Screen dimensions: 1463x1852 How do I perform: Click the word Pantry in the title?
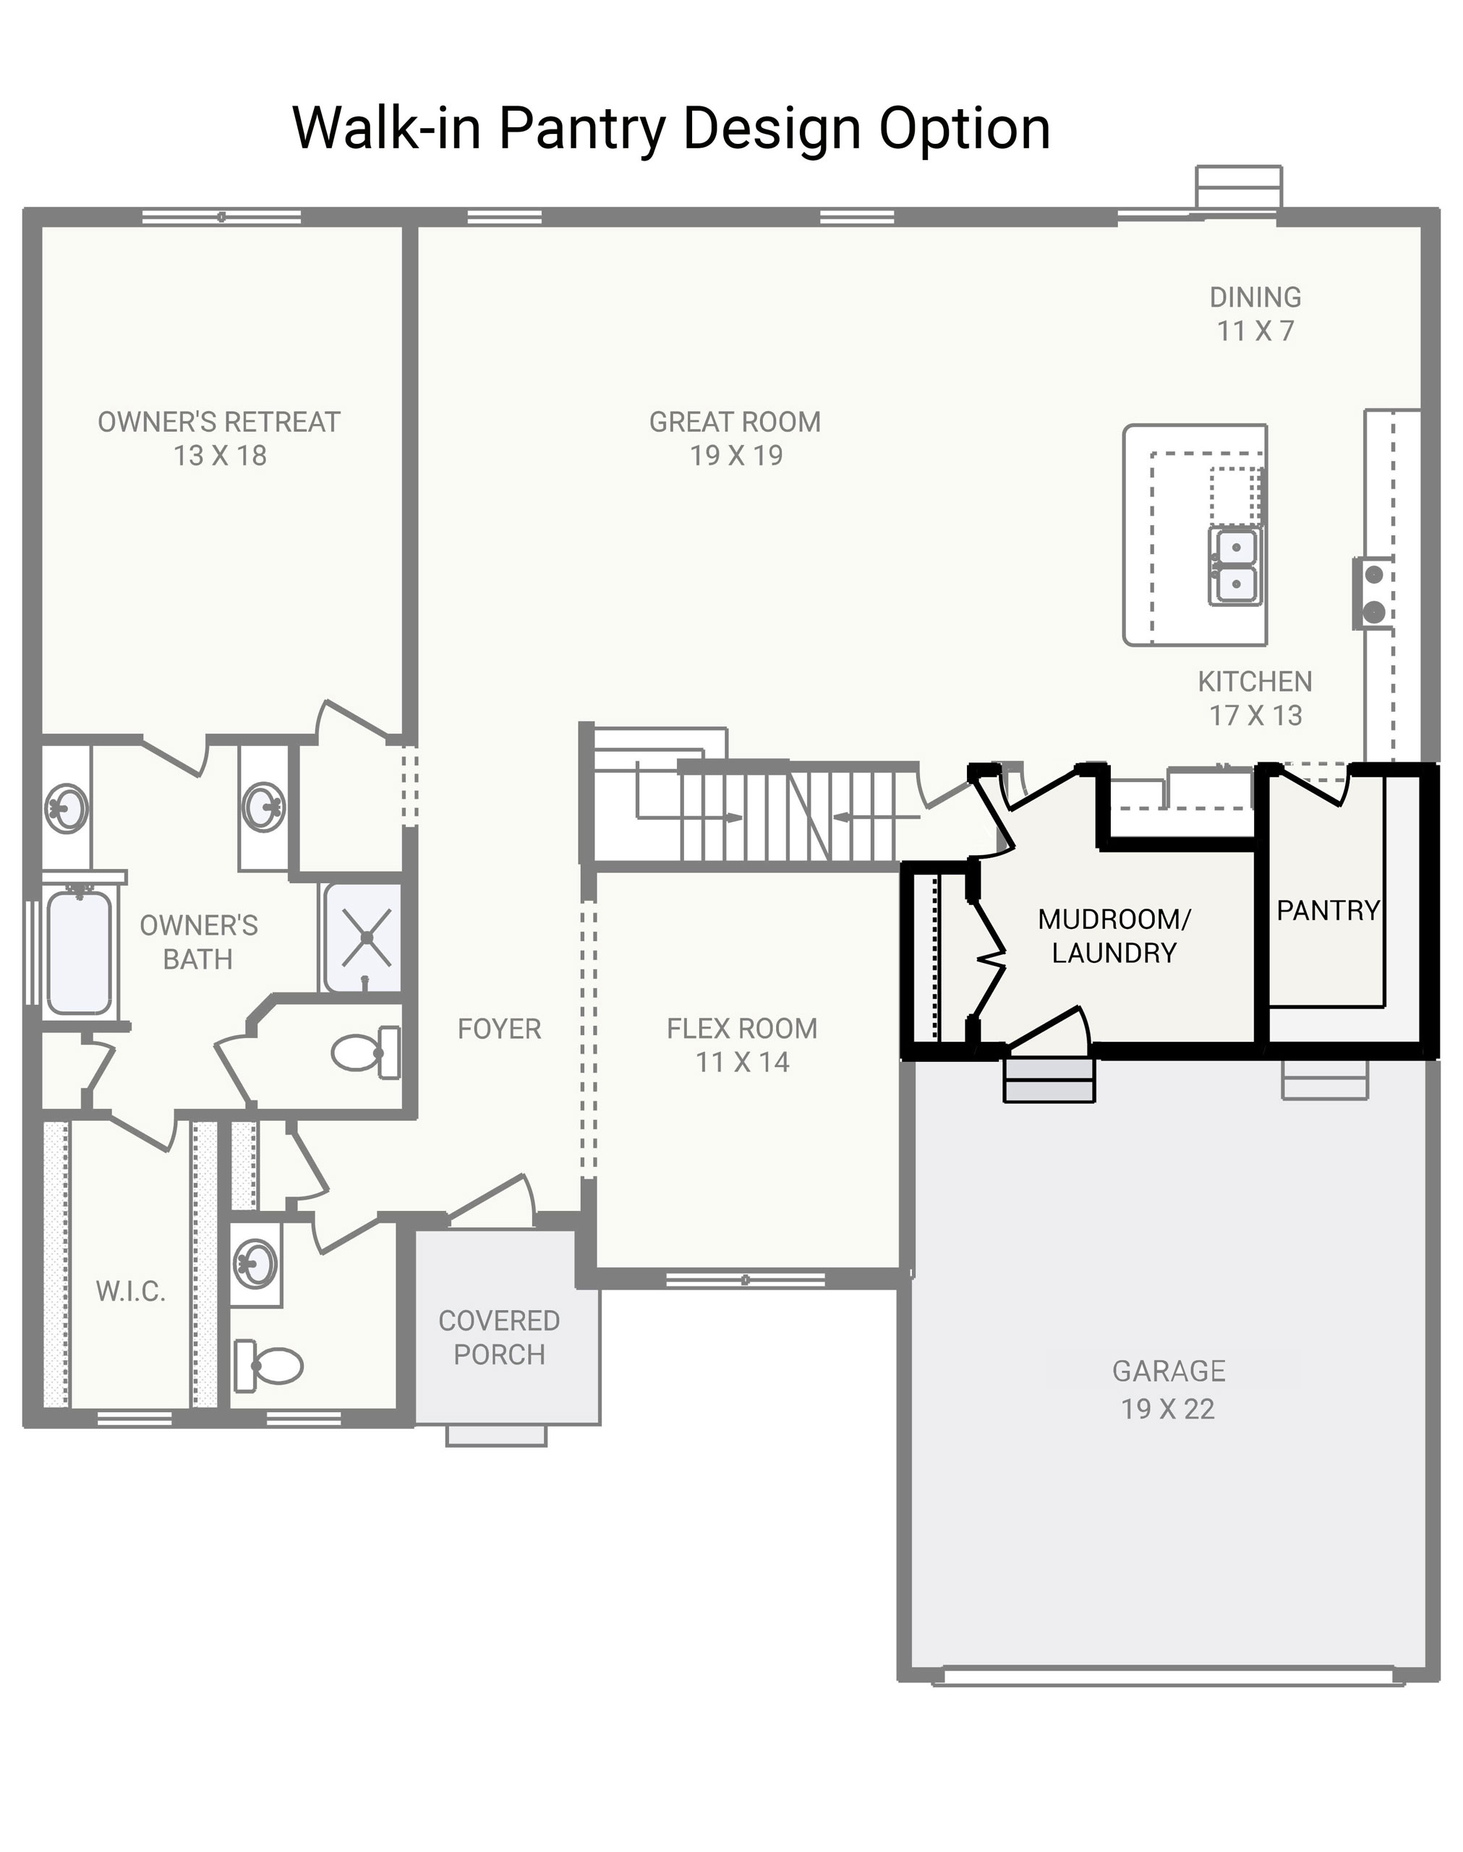pos(581,129)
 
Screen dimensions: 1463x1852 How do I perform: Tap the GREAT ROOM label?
pos(735,422)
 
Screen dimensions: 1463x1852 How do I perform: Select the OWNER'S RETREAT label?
pos(219,422)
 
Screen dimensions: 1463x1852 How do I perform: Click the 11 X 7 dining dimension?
pos(1255,331)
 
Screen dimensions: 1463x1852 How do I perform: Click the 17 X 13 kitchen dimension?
pos(1255,715)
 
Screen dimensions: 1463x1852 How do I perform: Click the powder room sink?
pos(255,1262)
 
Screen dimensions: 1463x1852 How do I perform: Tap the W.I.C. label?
pos(130,1291)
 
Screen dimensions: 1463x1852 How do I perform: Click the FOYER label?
pos(500,1029)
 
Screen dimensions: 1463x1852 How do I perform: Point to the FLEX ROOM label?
pos(742,1028)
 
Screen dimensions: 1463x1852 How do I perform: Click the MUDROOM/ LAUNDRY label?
pos(1114,936)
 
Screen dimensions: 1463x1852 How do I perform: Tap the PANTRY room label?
pos(1328,911)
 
